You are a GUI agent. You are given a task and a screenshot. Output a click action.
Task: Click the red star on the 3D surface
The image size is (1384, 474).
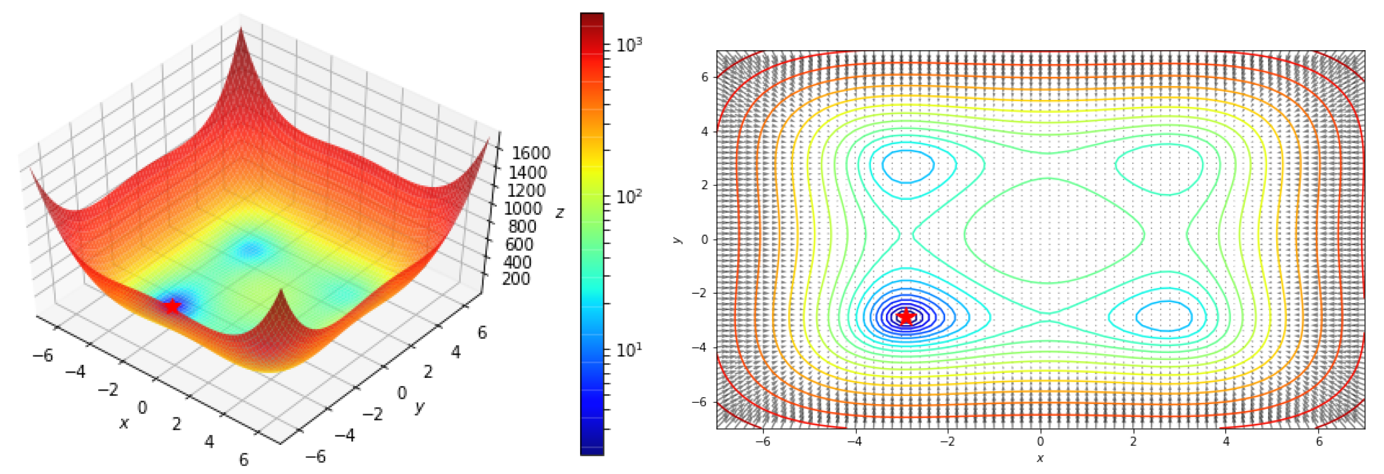coord(172,306)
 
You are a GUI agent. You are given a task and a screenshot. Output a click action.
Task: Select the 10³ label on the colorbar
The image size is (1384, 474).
coord(629,45)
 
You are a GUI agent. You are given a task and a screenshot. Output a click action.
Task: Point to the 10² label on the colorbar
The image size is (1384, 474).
coord(629,197)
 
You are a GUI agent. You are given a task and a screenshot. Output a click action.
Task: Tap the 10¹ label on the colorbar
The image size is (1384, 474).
coord(629,350)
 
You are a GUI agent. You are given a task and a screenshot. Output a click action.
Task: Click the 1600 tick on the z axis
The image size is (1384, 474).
coord(530,154)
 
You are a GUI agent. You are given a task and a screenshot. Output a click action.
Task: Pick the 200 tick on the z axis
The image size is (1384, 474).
coord(515,278)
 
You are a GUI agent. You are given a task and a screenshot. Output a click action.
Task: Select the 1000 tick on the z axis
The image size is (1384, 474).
coord(522,208)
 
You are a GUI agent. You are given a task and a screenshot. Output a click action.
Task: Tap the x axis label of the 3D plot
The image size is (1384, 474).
coord(124,423)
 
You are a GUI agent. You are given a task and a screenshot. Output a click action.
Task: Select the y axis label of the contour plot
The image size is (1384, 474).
coord(678,239)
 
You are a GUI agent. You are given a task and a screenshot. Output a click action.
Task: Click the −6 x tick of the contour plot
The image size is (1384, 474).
coord(763,441)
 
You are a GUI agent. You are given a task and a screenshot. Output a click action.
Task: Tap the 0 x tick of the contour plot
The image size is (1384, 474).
coord(1040,441)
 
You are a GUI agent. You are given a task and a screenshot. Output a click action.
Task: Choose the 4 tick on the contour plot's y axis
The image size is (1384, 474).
coord(704,132)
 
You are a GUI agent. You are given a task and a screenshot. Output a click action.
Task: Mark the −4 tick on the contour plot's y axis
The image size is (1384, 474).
coord(701,347)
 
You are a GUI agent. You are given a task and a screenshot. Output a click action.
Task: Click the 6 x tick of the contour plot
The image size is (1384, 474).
coord(1319,441)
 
